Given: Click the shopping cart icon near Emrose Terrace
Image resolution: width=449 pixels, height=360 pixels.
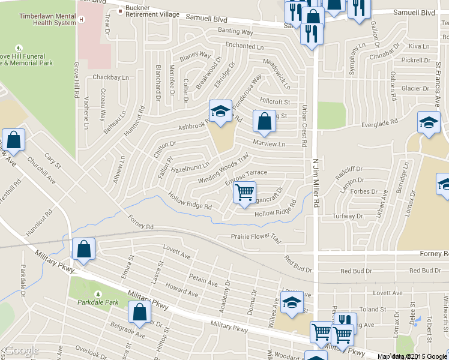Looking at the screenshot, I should pyautogui.click(x=244, y=193).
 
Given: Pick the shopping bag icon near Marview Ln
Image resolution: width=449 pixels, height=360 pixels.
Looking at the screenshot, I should pyautogui.click(x=264, y=121).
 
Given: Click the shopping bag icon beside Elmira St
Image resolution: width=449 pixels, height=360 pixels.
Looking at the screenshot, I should pyautogui.click(x=83, y=248).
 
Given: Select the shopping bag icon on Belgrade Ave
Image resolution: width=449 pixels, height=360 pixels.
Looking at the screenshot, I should pyautogui.click(x=139, y=312).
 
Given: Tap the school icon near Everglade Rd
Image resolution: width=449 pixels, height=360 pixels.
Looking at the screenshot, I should pyautogui.click(x=429, y=123).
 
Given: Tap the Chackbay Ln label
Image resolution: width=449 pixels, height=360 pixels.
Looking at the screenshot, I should pyautogui.click(x=111, y=77).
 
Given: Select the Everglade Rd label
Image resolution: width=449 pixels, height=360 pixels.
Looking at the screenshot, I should pyautogui.click(x=381, y=121).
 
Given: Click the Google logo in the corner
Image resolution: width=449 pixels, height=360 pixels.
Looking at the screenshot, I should pyautogui.click(x=20, y=351).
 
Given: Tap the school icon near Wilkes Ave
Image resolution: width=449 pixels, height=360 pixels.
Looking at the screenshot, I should pyautogui.click(x=292, y=302).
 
